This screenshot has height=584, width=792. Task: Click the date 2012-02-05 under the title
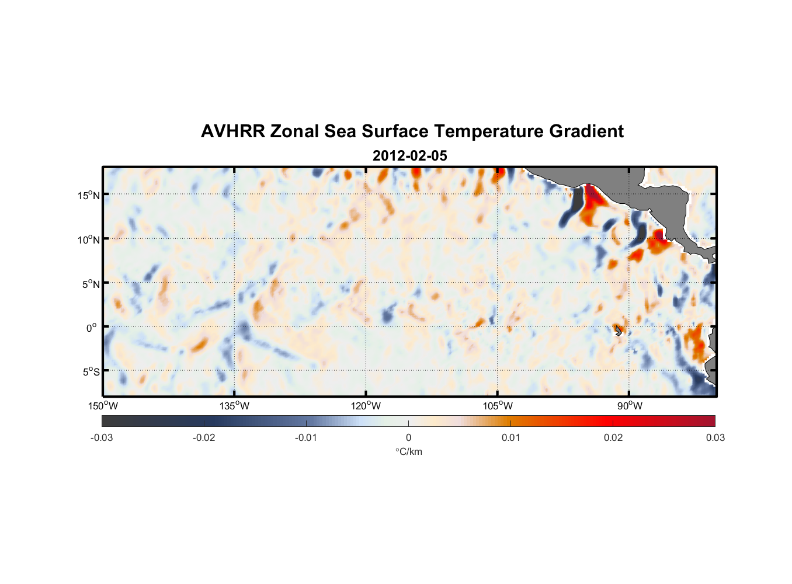409,156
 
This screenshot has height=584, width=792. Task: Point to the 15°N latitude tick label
89,195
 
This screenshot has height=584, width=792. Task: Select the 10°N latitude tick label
89,239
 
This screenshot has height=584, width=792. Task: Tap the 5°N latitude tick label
91,284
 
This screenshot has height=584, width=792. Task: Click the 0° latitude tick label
92,328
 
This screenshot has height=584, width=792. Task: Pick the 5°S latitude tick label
91,372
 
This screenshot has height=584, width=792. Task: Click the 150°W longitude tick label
103,406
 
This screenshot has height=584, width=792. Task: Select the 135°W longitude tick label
235,406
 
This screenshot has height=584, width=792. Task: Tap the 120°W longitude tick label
366,406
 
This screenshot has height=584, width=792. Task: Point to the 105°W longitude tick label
498,406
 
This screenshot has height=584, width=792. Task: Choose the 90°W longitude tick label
630,406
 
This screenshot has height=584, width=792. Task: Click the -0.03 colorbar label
102,438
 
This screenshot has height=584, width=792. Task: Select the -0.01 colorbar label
306,438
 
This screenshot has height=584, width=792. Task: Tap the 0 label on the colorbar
408,438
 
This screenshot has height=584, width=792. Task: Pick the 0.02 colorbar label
613,438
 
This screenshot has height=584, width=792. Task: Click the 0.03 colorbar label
715,438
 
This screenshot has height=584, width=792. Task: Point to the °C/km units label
409,451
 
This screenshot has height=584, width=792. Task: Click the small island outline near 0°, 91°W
619,331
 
